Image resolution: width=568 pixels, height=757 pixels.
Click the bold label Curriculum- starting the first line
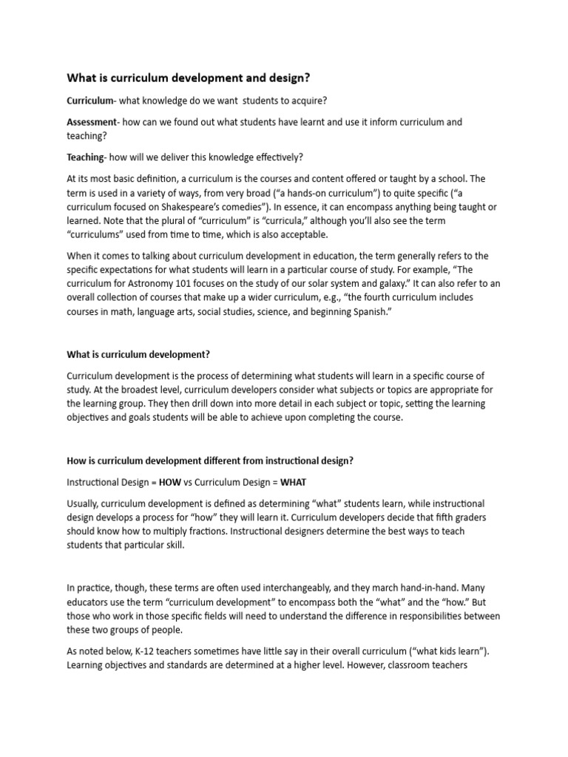(90, 101)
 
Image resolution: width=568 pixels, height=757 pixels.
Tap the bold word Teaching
(86, 157)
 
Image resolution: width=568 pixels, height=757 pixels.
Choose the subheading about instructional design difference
(210, 461)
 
